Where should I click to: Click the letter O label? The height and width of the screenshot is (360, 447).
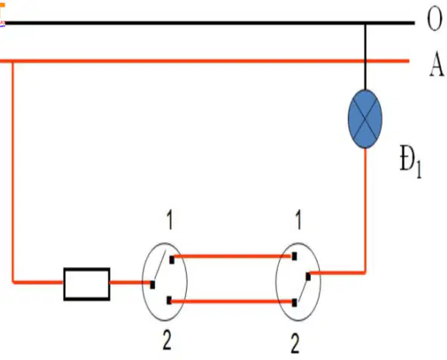tap(434, 19)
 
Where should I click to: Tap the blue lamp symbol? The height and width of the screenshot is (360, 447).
tap(365, 119)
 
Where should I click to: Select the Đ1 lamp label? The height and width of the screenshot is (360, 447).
tap(411, 162)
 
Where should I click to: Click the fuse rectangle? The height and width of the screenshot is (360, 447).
tap(87, 284)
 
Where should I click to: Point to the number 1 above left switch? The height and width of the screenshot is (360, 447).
tap(169, 220)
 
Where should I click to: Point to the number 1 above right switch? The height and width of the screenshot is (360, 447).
tap(298, 220)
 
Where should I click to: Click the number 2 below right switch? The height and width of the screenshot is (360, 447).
tap(295, 343)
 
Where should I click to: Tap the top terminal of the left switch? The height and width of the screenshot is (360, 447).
tap(172, 260)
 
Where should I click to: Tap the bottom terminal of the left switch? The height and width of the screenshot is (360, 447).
tap(169, 300)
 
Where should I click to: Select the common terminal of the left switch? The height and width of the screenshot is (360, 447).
tap(153, 284)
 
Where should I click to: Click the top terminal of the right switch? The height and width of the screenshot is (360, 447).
tap(294, 256)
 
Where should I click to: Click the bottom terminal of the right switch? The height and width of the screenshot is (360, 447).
tap(294, 303)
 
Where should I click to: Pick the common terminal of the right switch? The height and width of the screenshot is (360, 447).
tap(308, 277)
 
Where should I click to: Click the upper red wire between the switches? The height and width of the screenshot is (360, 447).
tap(233, 256)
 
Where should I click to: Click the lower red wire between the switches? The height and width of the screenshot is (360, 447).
tap(231, 301)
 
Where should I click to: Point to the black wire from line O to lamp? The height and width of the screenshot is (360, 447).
tap(365, 57)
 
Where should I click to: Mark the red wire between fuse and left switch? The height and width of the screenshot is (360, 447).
tap(130, 283)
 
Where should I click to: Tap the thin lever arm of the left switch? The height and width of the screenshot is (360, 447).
tap(160, 265)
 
